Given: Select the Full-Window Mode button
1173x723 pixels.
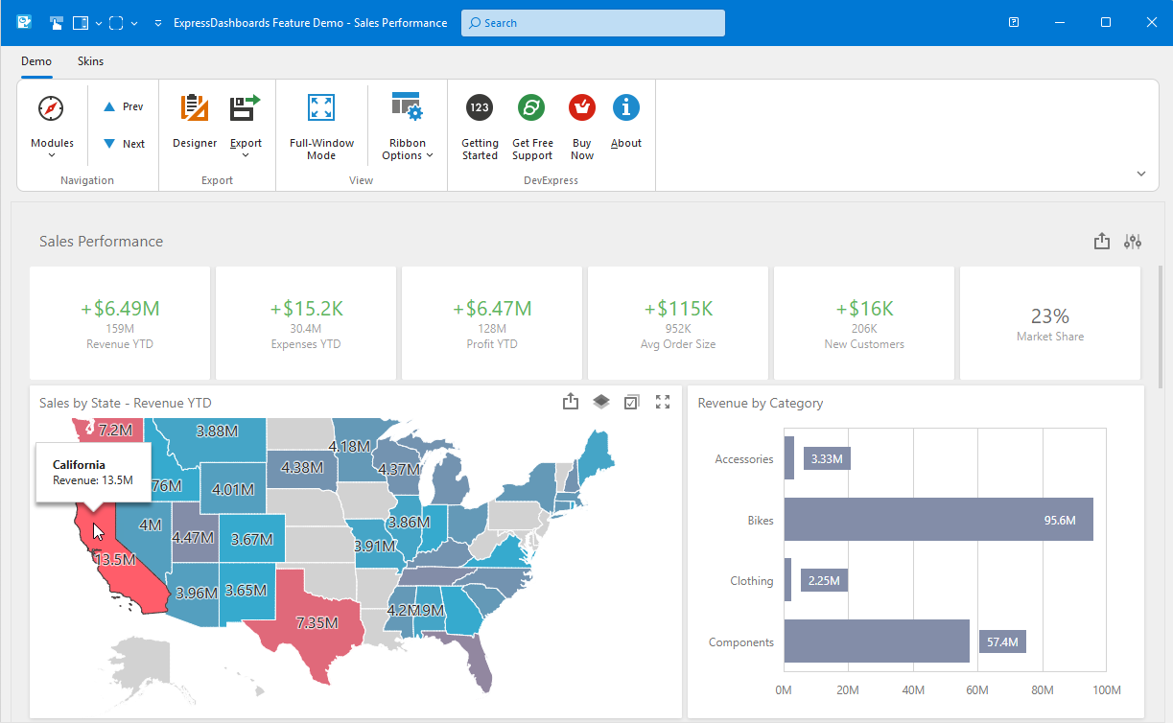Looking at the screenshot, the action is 321,125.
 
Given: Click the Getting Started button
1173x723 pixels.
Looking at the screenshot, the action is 480,125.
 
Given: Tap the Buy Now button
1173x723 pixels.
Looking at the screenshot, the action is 581,125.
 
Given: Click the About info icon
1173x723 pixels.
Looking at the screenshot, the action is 626,108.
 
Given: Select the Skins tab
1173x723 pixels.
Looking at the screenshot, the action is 90,61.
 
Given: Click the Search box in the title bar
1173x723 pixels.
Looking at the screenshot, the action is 592,23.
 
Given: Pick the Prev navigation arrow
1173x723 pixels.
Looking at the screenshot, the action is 124,106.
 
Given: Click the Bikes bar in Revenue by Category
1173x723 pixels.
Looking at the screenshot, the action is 938,520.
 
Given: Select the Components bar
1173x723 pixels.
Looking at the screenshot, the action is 876,641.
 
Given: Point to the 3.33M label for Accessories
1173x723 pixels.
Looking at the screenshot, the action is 827,459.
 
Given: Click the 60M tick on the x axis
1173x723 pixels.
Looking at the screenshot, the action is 977,690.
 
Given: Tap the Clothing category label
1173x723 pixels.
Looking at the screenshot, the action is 751,581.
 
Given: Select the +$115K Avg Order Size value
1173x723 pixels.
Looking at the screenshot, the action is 678,309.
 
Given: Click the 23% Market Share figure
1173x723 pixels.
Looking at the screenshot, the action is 1049,316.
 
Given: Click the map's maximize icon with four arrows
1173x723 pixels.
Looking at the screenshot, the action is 662,402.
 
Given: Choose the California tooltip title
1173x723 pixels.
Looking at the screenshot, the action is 79,465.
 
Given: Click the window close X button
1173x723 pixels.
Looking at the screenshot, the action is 1150,22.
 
